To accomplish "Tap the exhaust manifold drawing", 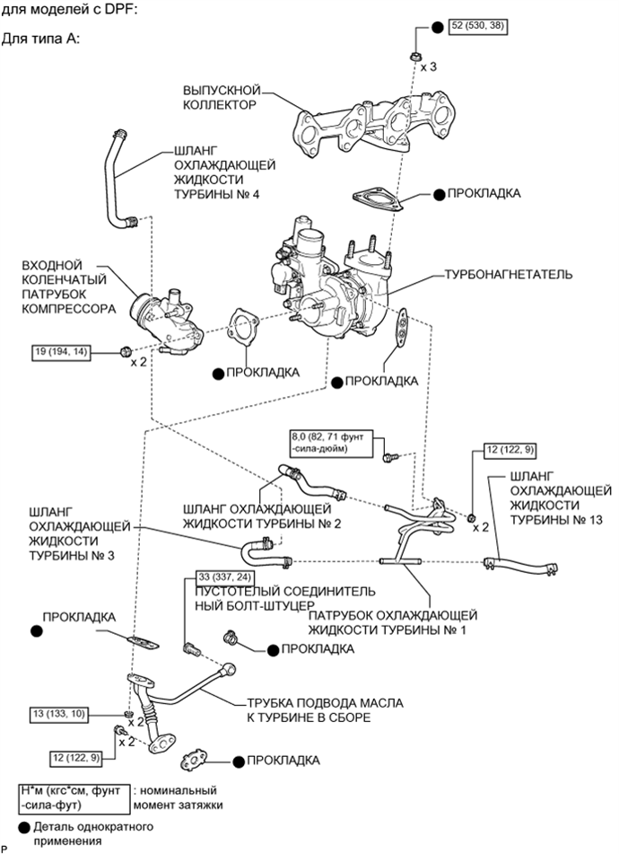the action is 375,124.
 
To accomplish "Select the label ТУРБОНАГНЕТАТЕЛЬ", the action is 508,273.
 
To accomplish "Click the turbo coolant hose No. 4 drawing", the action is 118,180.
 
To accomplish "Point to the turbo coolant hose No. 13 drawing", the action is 520,565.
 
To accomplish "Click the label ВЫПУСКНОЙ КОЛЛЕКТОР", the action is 222,97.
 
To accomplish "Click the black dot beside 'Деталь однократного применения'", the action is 24,828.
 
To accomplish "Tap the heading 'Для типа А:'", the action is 40,40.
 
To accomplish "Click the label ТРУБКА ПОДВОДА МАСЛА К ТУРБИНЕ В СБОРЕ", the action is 325,710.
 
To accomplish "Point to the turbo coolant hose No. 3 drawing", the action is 264,552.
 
